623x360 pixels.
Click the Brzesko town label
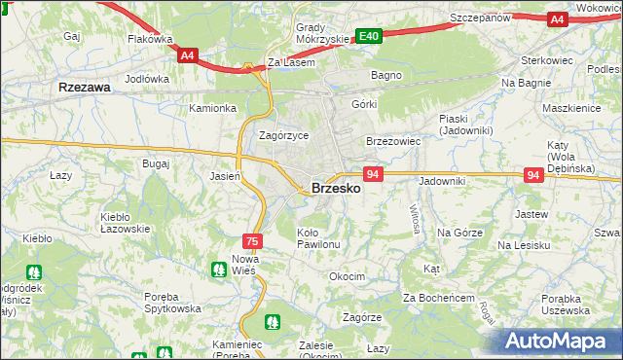click(335, 189)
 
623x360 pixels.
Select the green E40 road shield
click(368, 36)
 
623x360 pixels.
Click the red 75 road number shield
click(252, 240)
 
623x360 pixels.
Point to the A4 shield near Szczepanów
click(556, 18)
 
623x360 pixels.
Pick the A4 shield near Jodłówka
click(189, 56)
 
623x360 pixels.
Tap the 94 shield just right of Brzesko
click(372, 173)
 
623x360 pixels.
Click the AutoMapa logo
click(558, 340)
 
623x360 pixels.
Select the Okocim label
click(347, 276)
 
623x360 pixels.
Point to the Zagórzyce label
click(283, 135)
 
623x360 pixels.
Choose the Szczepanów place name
click(481, 18)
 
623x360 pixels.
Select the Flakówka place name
click(150, 40)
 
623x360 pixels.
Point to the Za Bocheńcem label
click(438, 297)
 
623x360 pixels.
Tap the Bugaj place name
click(156, 164)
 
